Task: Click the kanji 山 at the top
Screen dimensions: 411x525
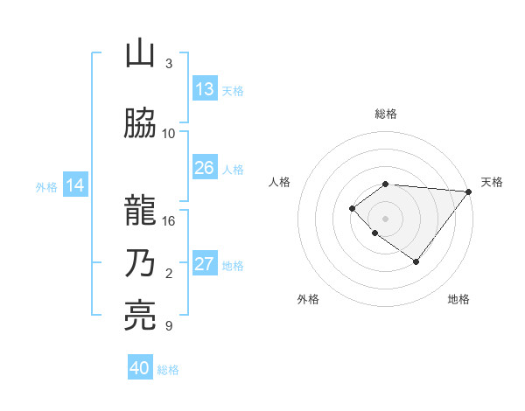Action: pyautogui.click(x=140, y=54)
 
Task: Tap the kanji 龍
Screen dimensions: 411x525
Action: pyautogui.click(x=140, y=211)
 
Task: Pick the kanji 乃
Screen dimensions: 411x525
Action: pyautogui.click(x=140, y=263)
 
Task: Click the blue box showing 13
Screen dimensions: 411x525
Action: pyautogui.click(x=205, y=88)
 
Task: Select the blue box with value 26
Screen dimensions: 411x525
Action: pyautogui.click(x=205, y=168)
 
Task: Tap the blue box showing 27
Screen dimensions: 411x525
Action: pyautogui.click(x=205, y=265)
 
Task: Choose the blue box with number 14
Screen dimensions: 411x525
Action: pyautogui.click(x=75, y=185)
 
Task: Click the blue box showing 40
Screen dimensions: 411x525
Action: pyautogui.click(x=140, y=368)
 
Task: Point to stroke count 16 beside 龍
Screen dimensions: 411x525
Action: pyautogui.click(x=169, y=221)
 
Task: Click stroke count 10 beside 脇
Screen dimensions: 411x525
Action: pyautogui.click(x=169, y=133)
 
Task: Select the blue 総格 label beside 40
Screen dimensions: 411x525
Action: pyautogui.click(x=168, y=370)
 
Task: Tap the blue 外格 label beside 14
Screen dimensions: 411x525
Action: pyautogui.click(x=46, y=186)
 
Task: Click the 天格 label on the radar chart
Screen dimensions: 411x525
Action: pyautogui.click(x=492, y=182)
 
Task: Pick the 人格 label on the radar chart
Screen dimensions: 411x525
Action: pyautogui.click(x=280, y=182)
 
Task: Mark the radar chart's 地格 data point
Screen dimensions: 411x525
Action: pyautogui.click(x=416, y=261)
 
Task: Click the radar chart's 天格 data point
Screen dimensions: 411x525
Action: pyautogui.click(x=469, y=191)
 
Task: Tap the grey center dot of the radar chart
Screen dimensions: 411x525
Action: pyautogui.click(x=385, y=218)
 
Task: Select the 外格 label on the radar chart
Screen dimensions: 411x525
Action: pyautogui.click(x=308, y=299)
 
